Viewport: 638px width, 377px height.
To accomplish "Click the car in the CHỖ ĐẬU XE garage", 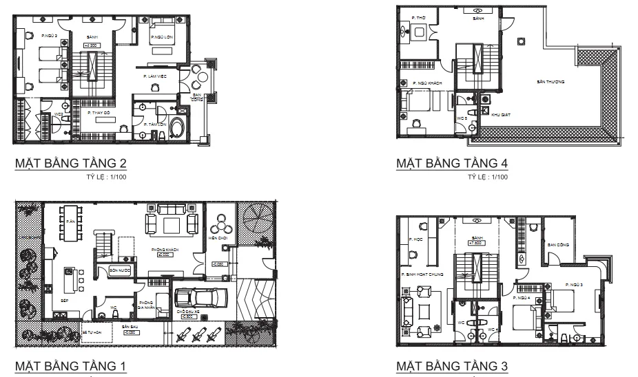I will (201, 297).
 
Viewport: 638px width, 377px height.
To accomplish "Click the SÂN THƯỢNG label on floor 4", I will (550, 82).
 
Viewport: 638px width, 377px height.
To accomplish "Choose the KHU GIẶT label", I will (500, 116).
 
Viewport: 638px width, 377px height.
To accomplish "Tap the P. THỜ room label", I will (417, 17).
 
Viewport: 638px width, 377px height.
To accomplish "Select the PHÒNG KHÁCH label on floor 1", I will (165, 250).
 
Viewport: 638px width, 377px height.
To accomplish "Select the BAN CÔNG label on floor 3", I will (557, 244).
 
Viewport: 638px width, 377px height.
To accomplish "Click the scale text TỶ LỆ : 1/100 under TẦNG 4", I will (487, 177).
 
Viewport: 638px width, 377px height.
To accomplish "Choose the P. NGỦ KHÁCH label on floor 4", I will (428, 83).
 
